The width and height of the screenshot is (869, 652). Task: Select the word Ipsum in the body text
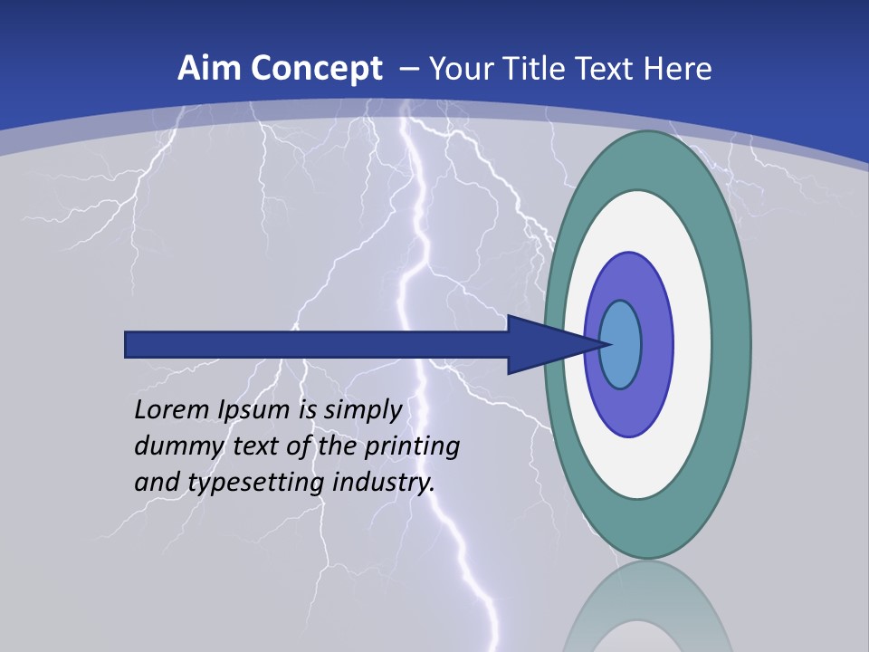[x=252, y=410]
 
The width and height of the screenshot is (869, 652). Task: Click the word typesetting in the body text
[x=256, y=483]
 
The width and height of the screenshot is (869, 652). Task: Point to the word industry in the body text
[x=384, y=483]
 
